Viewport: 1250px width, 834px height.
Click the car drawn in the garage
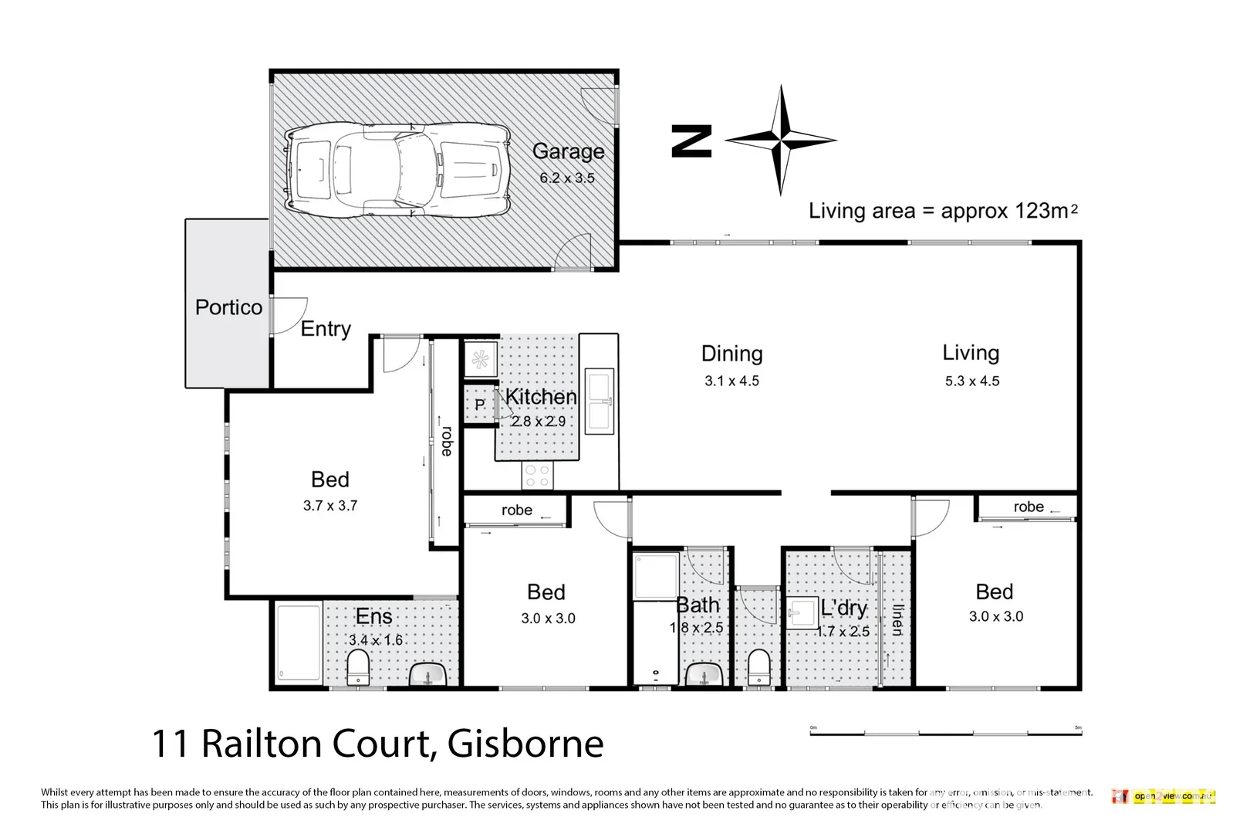(x=397, y=170)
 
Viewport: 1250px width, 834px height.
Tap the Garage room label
(x=568, y=152)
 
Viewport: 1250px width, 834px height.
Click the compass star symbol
(x=781, y=141)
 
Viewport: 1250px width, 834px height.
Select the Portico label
(x=228, y=307)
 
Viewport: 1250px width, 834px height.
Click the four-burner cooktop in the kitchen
(x=537, y=476)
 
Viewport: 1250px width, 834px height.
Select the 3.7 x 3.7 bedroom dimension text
(x=329, y=506)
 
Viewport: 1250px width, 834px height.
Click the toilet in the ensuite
(x=357, y=667)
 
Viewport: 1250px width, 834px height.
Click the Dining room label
(x=731, y=354)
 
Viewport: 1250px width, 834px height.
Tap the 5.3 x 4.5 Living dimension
(x=971, y=381)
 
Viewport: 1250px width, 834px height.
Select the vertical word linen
(x=897, y=619)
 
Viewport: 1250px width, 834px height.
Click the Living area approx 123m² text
(x=942, y=211)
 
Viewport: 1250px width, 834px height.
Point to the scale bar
(x=944, y=731)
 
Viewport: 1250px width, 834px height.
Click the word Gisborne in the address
(x=525, y=744)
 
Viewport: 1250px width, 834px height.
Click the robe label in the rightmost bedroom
(x=1028, y=507)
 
